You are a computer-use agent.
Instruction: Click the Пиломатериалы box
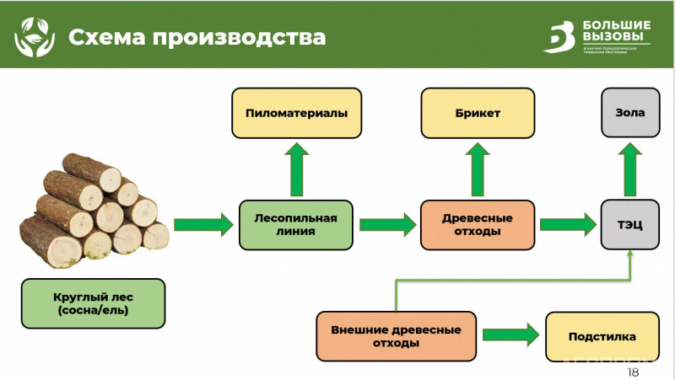pyautogui.click(x=296, y=113)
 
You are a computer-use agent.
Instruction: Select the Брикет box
pyautogui.click(x=479, y=113)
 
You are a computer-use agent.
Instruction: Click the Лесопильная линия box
pyautogui.click(x=295, y=224)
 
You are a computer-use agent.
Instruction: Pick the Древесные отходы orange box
pyautogui.click(x=478, y=224)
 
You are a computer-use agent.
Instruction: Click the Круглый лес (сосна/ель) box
pyautogui.click(x=94, y=303)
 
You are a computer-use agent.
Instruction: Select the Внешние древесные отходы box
pyautogui.click(x=396, y=336)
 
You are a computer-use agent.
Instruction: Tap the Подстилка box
pyautogui.click(x=602, y=336)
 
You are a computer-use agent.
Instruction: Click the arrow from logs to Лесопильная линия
pyautogui.click(x=203, y=224)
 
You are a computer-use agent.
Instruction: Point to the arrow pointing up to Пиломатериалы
pyautogui.click(x=296, y=169)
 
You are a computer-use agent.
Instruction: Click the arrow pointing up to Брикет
pyautogui.click(x=478, y=169)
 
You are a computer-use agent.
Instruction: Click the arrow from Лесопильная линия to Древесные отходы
pyautogui.click(x=387, y=224)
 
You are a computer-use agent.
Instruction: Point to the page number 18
pyautogui.click(x=634, y=372)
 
